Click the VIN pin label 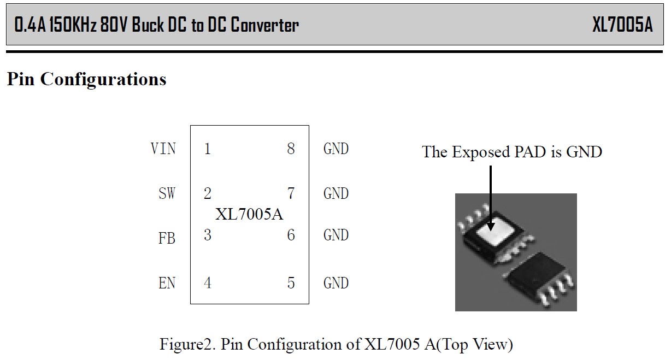163,149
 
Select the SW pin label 167,193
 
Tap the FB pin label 167,239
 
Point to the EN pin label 167,283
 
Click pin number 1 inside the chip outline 207,149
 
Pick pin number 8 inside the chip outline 291,149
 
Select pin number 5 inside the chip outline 291,283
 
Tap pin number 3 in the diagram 207,235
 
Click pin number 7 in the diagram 291,193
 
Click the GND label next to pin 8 336,149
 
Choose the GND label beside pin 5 336,283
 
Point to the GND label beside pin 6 336,235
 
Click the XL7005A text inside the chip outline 249,214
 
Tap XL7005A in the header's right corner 622,25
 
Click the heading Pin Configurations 86,79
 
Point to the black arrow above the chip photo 490,197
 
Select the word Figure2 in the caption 186,345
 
